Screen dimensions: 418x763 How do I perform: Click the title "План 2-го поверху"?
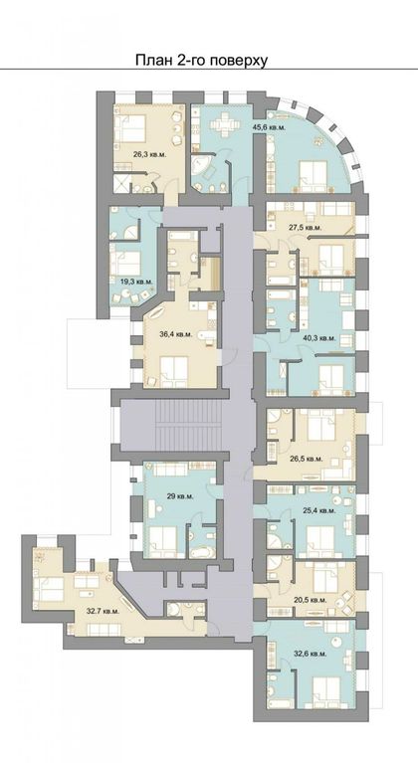(x=201, y=61)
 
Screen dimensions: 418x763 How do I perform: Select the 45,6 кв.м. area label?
(x=269, y=127)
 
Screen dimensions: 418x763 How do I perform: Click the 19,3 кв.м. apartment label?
(x=136, y=282)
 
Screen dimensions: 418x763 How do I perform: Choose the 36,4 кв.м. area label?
(x=176, y=334)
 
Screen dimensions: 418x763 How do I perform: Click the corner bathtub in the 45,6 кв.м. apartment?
(x=200, y=167)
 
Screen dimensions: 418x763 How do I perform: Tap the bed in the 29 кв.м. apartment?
(x=163, y=541)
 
